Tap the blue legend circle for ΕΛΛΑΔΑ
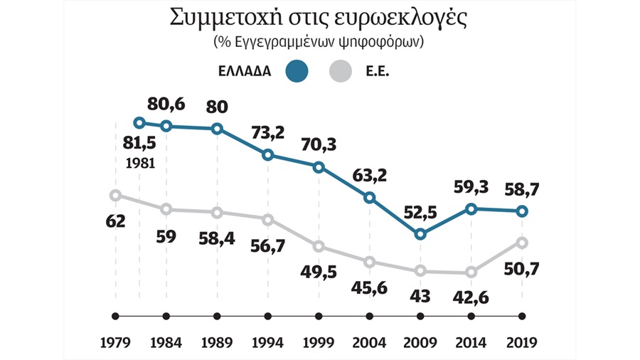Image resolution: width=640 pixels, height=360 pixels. (296, 72)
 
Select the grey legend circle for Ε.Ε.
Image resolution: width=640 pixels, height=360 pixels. (343, 72)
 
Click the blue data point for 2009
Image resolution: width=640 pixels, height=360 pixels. (421, 233)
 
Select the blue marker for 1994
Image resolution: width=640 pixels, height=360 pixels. (268, 155)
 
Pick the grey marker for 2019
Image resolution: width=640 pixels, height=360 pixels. (523, 243)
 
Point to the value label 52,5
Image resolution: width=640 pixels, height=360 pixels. (421, 210)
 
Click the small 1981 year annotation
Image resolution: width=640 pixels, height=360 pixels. (139, 162)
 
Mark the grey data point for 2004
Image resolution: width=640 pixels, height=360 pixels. (370, 262)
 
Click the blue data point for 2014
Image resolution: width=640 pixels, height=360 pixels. (471, 209)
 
